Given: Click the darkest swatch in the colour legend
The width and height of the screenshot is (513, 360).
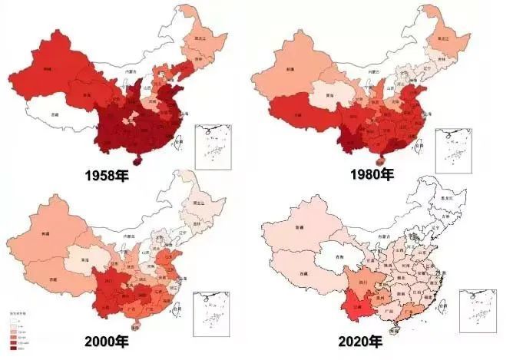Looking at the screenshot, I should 12,346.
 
